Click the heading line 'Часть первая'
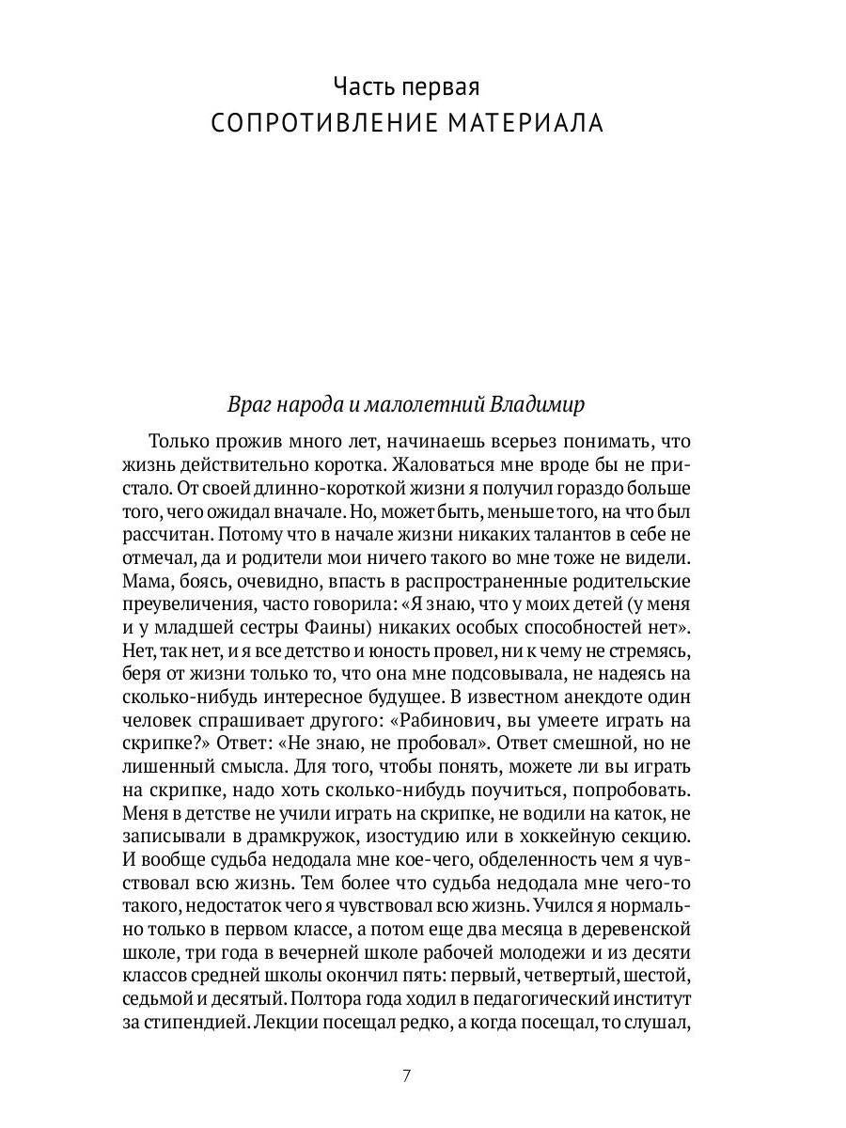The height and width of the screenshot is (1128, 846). point(406,87)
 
